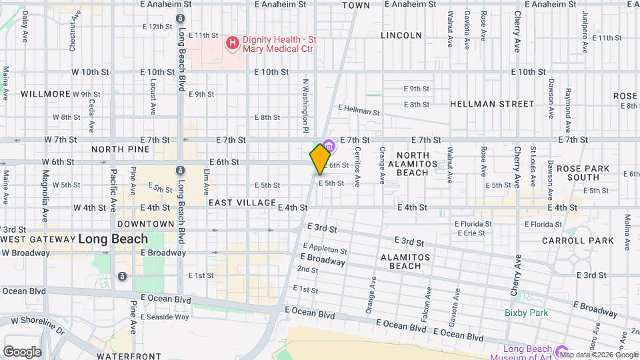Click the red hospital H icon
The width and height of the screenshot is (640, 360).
pyautogui.click(x=233, y=44)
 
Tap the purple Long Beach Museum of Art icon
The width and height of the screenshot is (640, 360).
pyautogui.click(x=561, y=352)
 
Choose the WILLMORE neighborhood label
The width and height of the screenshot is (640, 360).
pyautogui.click(x=45, y=94)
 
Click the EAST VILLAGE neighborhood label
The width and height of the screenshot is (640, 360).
pyautogui.click(x=242, y=202)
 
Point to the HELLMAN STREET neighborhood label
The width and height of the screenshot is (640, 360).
pyautogui.click(x=492, y=104)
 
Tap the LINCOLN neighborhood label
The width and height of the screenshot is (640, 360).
pyautogui.click(x=401, y=35)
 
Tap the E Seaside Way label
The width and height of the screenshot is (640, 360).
pyautogui.click(x=165, y=317)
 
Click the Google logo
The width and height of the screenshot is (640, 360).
pyautogui.click(x=22, y=352)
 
